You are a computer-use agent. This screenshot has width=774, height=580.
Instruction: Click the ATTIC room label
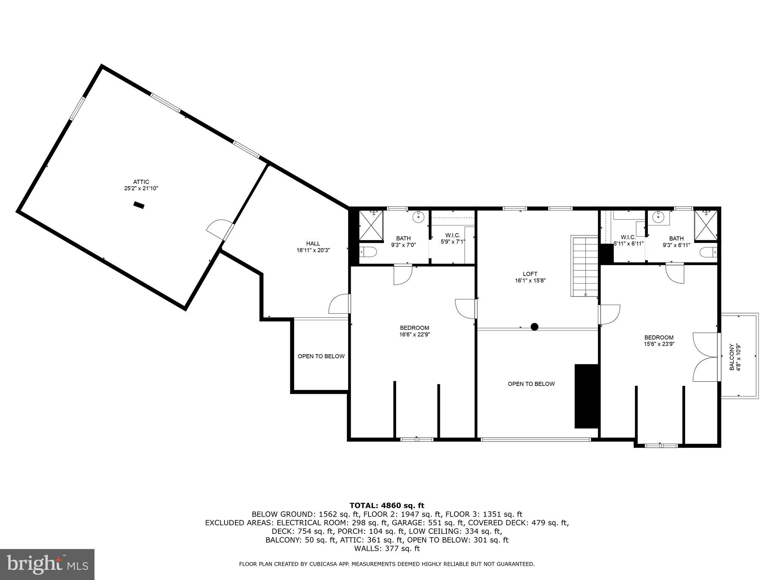tap(141, 182)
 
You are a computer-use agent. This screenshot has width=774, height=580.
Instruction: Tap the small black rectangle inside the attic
tap(139, 205)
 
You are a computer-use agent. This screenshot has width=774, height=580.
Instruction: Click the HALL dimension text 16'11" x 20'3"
tap(313, 250)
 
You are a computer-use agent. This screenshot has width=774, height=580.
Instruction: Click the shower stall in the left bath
tap(371, 225)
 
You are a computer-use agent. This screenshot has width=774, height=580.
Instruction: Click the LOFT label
tap(530, 274)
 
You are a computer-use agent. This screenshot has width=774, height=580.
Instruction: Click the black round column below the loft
tap(534, 327)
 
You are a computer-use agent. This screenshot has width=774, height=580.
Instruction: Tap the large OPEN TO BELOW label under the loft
tap(531, 384)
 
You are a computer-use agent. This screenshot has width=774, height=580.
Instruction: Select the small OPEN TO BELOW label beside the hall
tap(321, 356)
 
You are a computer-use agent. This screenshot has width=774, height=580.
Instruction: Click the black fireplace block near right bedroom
tap(586, 396)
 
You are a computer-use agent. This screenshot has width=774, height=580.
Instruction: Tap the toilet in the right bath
tap(708, 251)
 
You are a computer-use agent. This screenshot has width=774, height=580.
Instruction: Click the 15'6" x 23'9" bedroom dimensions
tap(659, 344)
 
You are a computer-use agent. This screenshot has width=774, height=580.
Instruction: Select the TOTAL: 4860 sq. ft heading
tap(387, 505)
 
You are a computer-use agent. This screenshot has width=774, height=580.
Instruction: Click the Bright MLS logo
tap(47, 564)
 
